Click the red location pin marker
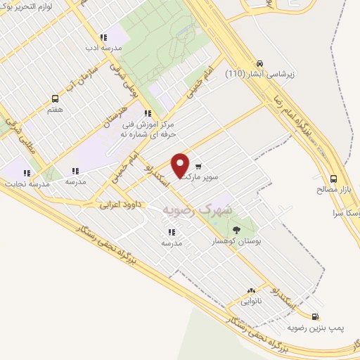click(181, 165)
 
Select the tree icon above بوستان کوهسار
click(235, 229)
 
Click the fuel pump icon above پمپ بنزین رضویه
click(314, 317)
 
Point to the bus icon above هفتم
click(56, 99)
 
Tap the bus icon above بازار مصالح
click(334, 179)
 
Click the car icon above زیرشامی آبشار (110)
click(261, 62)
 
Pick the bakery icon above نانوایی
click(251, 290)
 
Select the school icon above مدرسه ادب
click(103, 37)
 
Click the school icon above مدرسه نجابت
click(27, 172)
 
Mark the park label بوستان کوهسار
click(236, 241)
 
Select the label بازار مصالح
click(335, 190)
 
